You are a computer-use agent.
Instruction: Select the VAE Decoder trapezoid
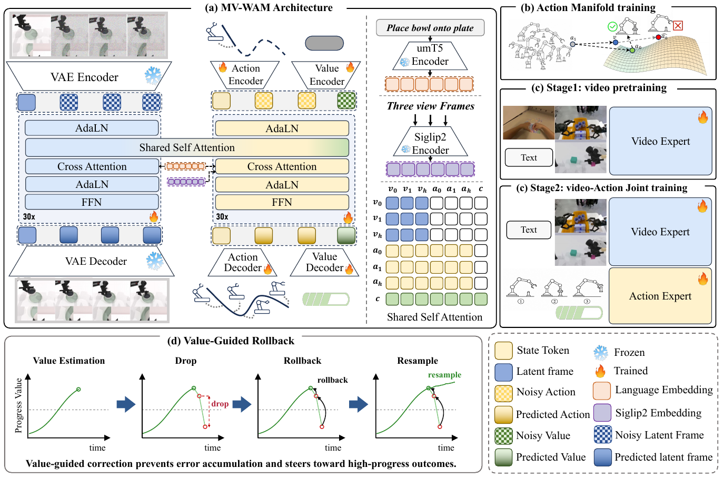92,261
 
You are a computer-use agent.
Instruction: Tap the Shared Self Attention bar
187,147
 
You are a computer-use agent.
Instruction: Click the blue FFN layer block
92,202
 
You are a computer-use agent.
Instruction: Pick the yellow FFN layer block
282,202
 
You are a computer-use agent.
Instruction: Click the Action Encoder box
245,75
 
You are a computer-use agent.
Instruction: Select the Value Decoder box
324,262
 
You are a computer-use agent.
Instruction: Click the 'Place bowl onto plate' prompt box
430,28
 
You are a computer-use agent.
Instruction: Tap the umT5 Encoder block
430,55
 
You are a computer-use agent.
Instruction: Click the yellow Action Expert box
660,296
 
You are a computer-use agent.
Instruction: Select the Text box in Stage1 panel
529,157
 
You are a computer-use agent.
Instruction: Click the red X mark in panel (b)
678,26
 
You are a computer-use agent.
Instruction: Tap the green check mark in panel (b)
612,26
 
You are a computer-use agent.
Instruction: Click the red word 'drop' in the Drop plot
220,404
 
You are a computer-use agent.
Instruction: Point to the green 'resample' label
444,375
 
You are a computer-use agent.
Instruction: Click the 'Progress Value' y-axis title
18,405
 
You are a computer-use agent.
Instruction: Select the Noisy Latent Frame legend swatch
602,434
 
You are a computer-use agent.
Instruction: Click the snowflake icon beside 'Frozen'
601,353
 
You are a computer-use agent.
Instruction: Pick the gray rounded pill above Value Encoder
324,43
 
